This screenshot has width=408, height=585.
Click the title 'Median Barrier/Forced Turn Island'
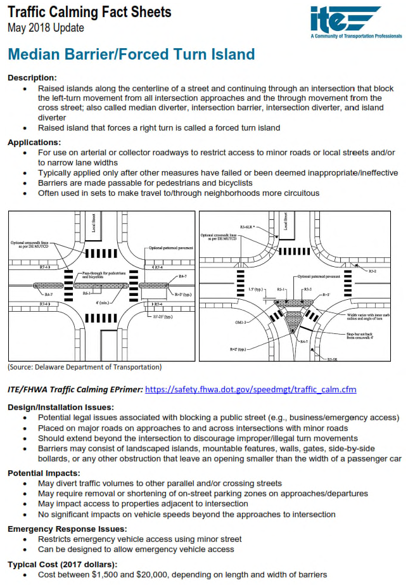131,55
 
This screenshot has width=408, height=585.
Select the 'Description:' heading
32,77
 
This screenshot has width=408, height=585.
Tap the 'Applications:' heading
34,142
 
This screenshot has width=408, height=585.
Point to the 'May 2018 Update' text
46,28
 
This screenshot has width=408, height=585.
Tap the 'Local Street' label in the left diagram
92,224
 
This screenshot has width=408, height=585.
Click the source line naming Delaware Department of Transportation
84,367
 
